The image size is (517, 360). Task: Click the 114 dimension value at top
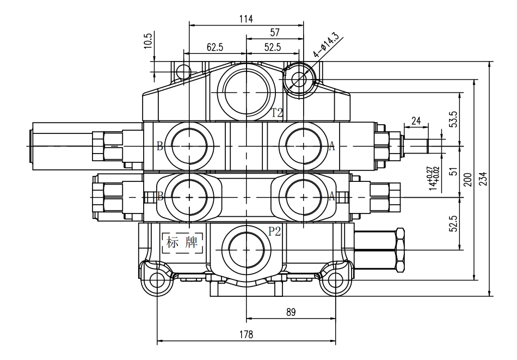pos(246,19)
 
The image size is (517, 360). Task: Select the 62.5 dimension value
pos(214,47)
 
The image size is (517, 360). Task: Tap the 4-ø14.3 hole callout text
pos(326,45)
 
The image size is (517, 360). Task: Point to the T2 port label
pos(277,113)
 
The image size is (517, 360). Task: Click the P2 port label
pos(274,231)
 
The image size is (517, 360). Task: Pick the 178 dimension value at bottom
pos(246,334)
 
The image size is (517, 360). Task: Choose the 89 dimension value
pos(291,312)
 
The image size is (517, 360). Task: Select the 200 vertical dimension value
pos(468,180)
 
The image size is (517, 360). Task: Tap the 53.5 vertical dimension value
pos(454,119)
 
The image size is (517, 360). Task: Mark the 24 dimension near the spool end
pos(416,121)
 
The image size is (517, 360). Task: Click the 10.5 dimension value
pos(149,41)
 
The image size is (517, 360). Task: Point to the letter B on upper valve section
pos(159,146)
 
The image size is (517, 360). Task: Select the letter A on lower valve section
pos(332,197)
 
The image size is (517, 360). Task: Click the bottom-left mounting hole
pos(157,280)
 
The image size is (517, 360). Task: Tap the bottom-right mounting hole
pos(335,280)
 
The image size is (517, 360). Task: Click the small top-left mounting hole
pos(183,71)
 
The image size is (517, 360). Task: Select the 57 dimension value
pos(275,32)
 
